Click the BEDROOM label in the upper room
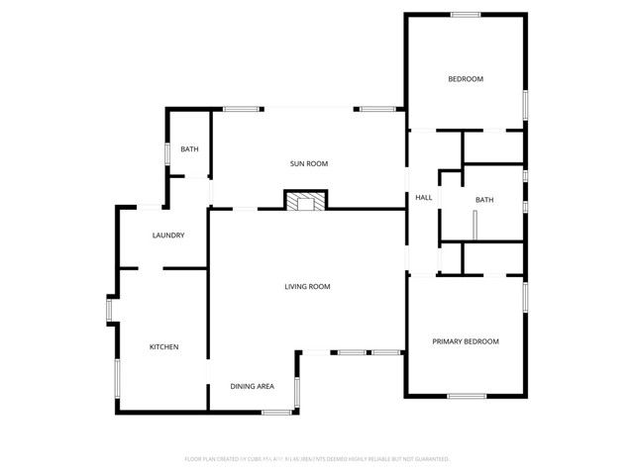click(465, 79)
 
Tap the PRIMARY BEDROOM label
click(465, 341)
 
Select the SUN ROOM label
click(308, 163)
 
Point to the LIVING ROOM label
click(307, 287)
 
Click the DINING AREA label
click(252, 386)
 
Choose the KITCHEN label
click(163, 346)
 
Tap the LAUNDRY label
click(168, 236)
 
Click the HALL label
click(423, 198)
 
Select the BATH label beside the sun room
click(188, 149)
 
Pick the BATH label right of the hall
click(483, 200)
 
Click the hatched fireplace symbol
click(305, 201)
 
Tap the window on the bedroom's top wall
click(466, 14)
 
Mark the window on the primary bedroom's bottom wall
click(466, 396)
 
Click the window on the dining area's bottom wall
click(276, 411)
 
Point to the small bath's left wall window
click(166, 155)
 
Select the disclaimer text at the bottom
click(317, 459)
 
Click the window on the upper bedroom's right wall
click(524, 104)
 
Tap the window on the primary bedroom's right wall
click(524, 297)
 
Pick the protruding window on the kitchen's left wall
click(110, 309)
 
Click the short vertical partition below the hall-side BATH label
click(475, 225)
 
